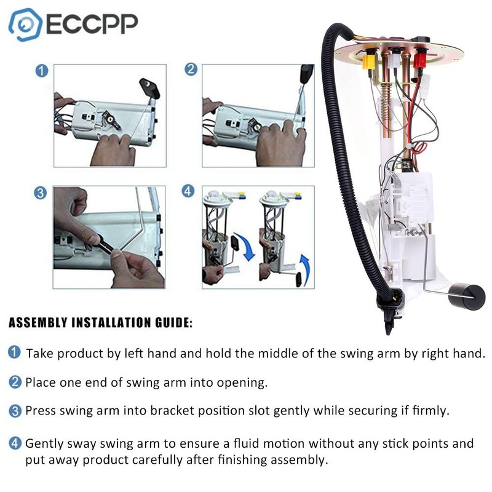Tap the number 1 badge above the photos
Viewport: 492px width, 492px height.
pyautogui.click(x=41, y=71)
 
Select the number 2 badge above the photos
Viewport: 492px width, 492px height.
pyautogui.click(x=191, y=69)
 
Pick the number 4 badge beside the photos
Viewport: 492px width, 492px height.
pyautogui.click(x=189, y=191)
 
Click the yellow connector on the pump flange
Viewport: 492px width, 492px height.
pyautogui.click(x=369, y=61)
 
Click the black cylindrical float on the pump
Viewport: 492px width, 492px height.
pyautogui.click(x=467, y=295)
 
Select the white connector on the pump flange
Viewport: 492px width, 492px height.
pyautogui.click(x=394, y=60)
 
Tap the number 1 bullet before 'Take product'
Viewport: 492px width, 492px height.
pyautogui.click(x=14, y=353)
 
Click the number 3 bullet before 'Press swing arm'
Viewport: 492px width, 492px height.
pyautogui.click(x=14, y=410)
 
